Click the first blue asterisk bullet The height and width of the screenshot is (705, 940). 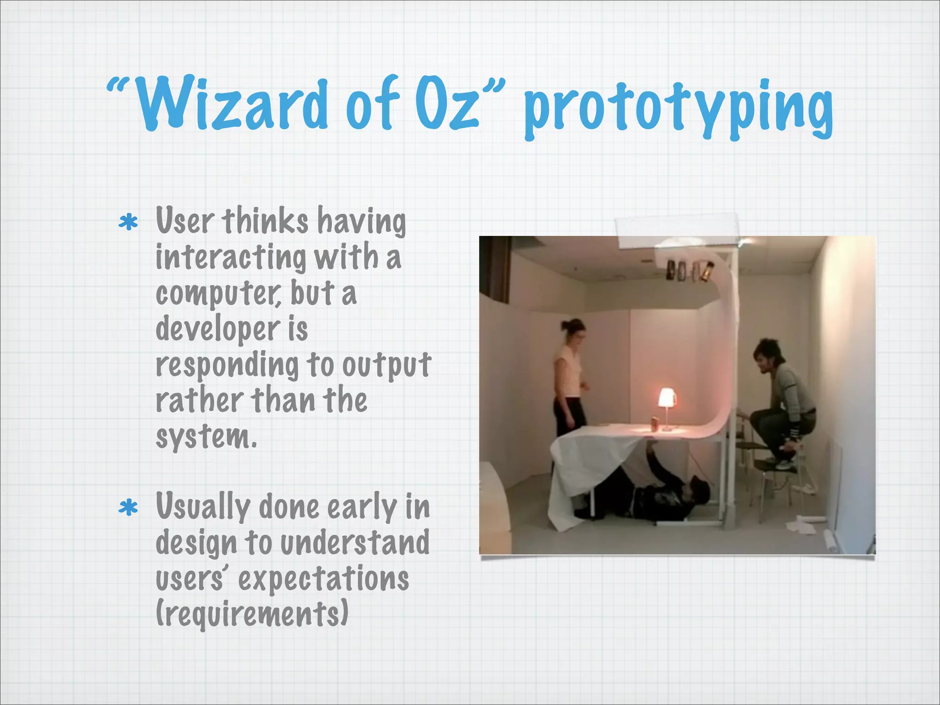[x=128, y=222]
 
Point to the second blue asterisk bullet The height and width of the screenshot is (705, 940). [x=128, y=508]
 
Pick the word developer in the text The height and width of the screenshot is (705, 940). [x=218, y=330]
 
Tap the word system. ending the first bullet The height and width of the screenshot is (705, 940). [x=206, y=437]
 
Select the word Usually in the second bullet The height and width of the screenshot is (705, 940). [x=202, y=507]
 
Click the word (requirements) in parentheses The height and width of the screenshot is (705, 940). [x=252, y=614]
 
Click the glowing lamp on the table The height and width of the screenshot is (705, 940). [x=666, y=398]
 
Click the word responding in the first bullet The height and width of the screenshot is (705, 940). [x=227, y=365]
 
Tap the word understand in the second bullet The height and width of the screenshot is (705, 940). [x=354, y=543]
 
